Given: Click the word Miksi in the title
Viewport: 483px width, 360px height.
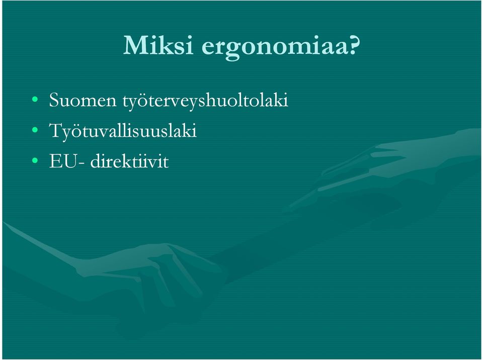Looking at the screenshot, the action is [158, 45].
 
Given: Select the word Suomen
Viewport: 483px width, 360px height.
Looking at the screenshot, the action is [83, 100].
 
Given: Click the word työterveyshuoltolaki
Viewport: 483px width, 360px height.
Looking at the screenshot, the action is [205, 101].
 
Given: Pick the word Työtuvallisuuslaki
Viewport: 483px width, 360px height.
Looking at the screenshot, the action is [123, 131].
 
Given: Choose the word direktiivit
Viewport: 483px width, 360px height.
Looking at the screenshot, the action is [129, 161].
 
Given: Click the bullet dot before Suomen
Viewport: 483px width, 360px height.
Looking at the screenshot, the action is [35, 100].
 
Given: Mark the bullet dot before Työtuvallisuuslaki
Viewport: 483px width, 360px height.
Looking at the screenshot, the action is [35, 130].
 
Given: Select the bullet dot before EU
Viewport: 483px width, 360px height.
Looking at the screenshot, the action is [35, 160].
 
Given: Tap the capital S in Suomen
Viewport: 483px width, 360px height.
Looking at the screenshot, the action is [54, 100].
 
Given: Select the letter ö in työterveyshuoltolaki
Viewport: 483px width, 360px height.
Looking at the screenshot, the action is [144, 101].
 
